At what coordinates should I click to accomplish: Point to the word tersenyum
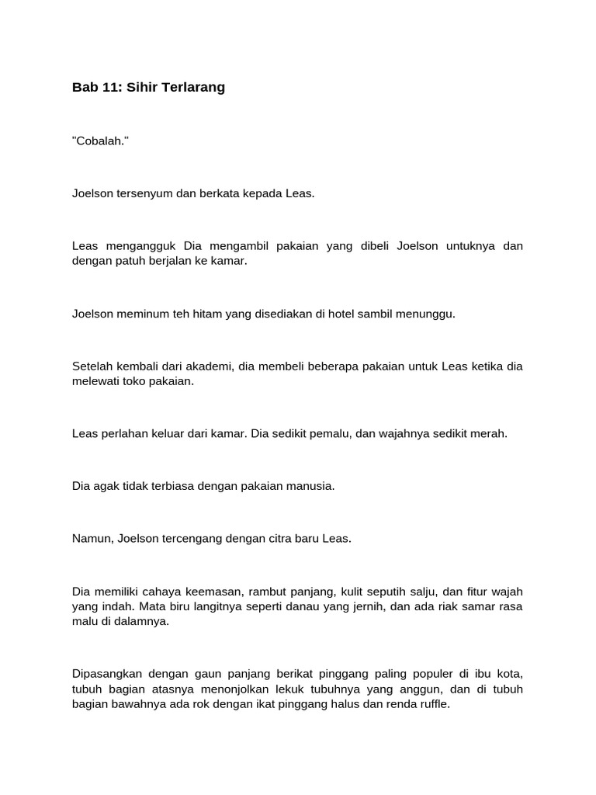coord(145,193)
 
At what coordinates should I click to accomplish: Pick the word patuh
coord(131,261)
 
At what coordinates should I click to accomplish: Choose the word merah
coord(490,433)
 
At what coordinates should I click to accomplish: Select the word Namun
coord(91,539)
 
